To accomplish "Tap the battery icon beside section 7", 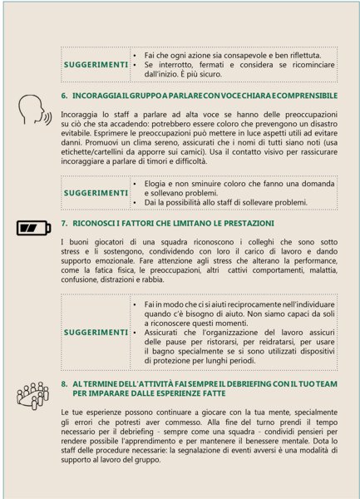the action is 32,225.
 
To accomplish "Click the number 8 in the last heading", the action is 65,383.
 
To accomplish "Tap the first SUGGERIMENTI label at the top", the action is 96,64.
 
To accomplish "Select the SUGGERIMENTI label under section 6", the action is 96,192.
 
